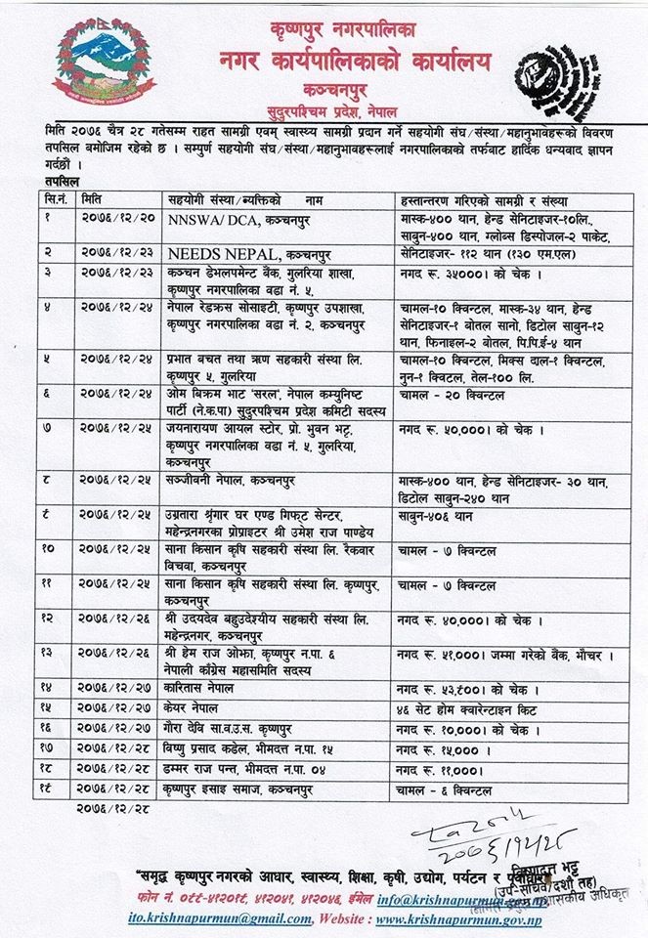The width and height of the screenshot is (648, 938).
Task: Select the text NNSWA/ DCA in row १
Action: pos(209,214)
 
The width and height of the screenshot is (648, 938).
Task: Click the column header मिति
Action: pos(95,195)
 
